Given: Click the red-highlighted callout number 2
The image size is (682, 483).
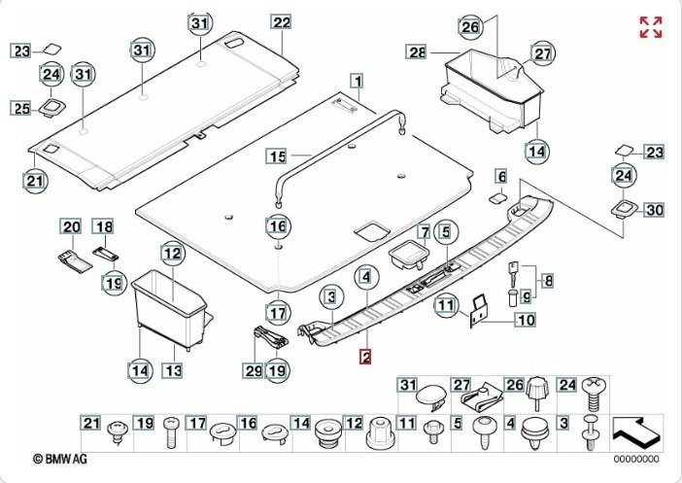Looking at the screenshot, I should click(365, 357).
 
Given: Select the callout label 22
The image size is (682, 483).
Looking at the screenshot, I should click(281, 22).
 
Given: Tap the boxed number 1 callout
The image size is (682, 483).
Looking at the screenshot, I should click(358, 82).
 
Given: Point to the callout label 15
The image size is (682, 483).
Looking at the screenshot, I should click(277, 155).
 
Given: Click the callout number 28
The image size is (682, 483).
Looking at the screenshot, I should click(417, 52).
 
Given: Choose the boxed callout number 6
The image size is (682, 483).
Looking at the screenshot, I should click(500, 176).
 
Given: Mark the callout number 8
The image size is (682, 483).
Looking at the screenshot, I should click(547, 281).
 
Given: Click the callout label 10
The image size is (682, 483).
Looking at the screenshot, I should click(525, 319).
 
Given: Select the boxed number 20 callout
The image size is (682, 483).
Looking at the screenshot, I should click(71, 227).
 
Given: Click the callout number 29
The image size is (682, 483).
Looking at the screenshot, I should click(255, 369).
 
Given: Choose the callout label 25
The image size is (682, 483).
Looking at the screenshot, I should click(21, 109).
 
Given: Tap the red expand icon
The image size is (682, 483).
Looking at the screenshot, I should click(650, 27).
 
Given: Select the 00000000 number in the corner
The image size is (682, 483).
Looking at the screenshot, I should click(635, 459).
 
